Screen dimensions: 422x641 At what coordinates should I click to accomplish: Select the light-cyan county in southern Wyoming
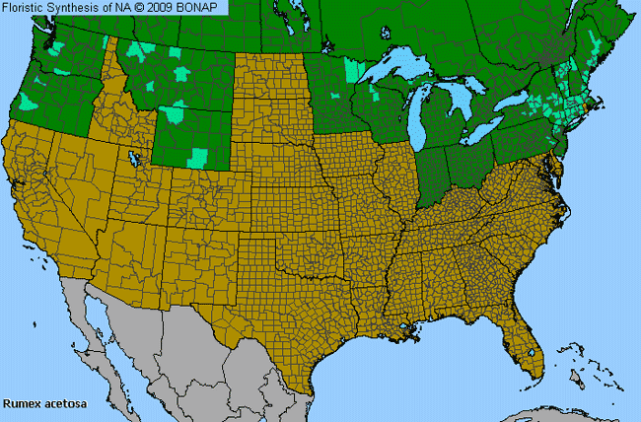click(x=199, y=156)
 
